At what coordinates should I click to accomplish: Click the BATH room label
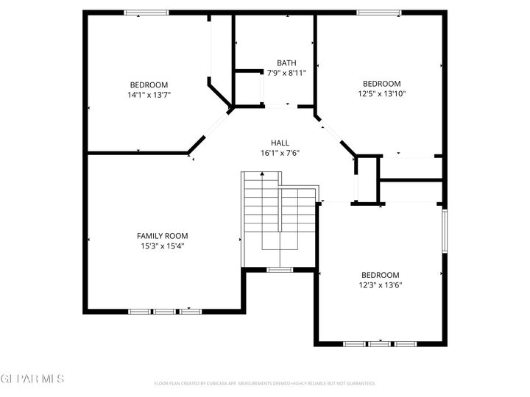(x=286, y=62)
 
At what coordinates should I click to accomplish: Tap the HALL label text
(x=280, y=143)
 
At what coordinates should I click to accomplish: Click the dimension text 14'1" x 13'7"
(x=149, y=94)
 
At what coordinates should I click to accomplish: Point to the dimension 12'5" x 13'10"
(x=382, y=93)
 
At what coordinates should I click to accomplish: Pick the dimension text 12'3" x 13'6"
(x=380, y=285)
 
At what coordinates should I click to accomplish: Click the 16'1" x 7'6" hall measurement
(x=280, y=153)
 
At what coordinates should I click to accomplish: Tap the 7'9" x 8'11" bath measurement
(x=286, y=73)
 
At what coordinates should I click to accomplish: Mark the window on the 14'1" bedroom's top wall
(x=146, y=12)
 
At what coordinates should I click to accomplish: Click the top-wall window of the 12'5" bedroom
(x=379, y=12)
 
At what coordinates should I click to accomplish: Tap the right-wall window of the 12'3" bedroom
(x=444, y=231)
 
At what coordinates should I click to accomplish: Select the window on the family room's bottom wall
(x=165, y=311)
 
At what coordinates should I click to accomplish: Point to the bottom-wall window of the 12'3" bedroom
(x=380, y=343)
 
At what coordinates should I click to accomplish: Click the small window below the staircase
(x=279, y=270)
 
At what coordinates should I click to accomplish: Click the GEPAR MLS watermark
(x=32, y=379)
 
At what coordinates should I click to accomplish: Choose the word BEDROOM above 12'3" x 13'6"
(x=380, y=274)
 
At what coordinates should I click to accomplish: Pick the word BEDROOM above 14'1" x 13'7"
(x=149, y=84)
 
